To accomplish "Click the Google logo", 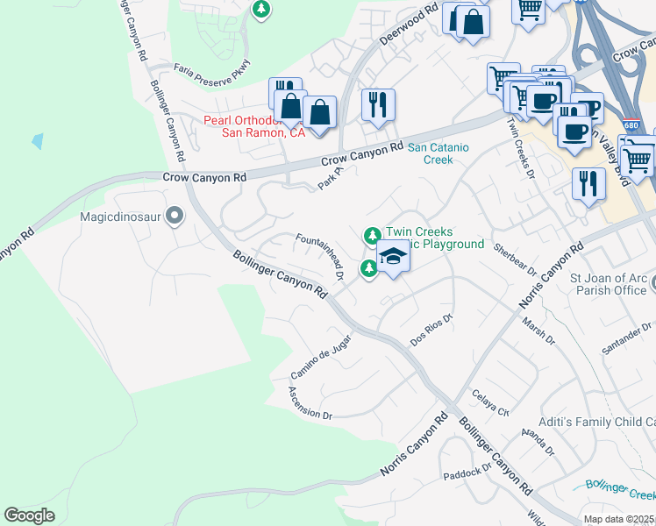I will pos(29,515).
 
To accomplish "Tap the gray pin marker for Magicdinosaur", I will pos(175,215).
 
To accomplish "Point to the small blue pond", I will pos(37,140).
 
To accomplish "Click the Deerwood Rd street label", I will pos(408,27).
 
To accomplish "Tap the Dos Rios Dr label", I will pos(431,331).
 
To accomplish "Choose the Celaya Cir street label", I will pos(491,403).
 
